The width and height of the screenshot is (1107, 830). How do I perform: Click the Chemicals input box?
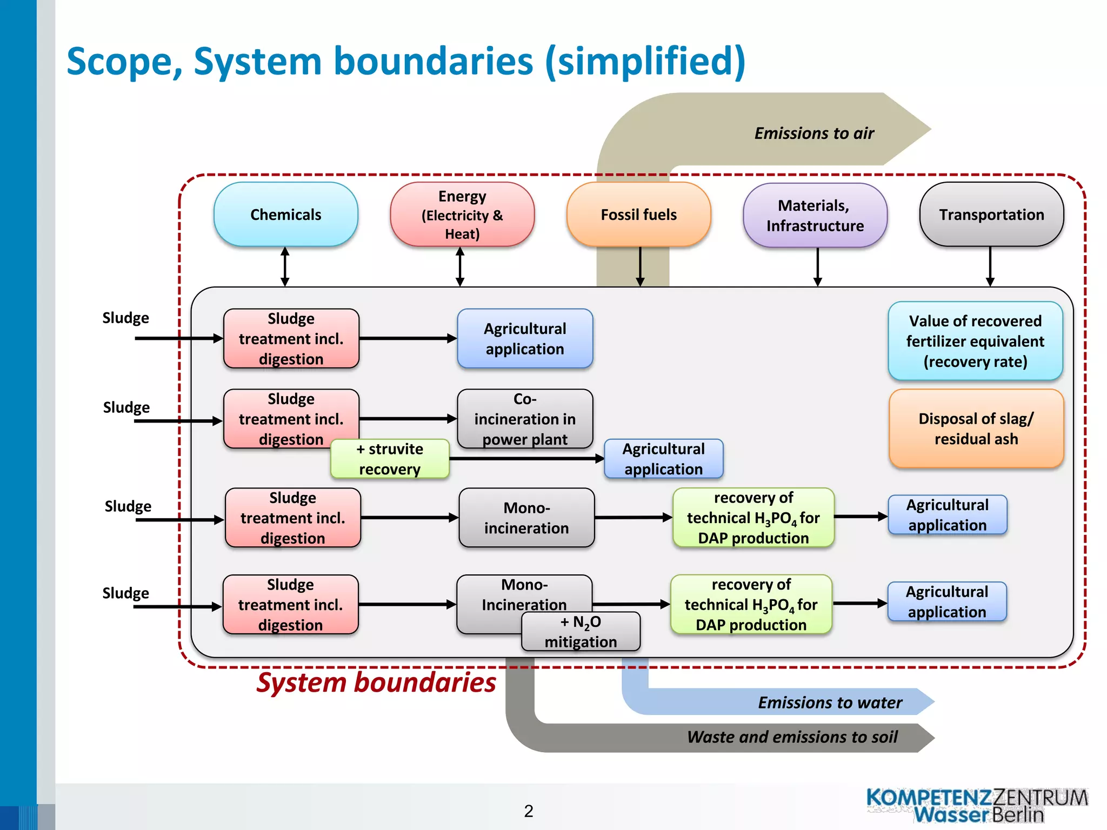285,215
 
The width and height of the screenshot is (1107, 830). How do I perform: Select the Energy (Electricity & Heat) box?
462,215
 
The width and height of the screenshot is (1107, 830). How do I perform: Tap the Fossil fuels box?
638,215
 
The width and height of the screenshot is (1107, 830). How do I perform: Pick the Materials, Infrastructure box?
815,215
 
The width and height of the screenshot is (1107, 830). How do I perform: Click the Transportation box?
991,215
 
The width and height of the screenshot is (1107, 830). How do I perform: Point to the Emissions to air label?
814,133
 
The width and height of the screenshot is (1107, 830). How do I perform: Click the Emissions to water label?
830,702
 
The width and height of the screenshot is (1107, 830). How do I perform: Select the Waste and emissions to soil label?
792,737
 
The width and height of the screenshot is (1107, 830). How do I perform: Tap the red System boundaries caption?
376,682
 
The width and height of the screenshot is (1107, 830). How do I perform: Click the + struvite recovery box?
390,459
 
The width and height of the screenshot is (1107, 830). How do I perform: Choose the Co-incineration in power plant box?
525,419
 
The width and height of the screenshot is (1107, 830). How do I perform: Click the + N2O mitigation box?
581,632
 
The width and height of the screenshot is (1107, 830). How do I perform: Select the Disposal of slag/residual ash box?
976,429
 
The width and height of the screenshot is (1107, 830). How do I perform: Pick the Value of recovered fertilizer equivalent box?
975,341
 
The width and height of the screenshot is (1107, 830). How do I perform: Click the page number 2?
529,811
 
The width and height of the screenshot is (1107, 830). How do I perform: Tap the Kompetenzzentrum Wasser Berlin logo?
977,806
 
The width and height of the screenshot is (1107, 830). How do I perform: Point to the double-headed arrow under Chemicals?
285,266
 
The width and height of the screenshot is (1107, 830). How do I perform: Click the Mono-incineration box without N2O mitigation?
526,518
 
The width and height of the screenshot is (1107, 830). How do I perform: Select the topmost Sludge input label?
125,318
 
